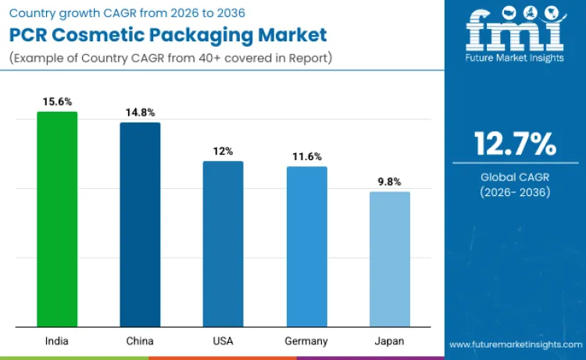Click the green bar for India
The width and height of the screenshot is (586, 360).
[x=57, y=219]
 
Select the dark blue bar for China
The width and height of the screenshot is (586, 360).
[x=140, y=225]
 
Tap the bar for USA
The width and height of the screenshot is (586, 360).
[x=223, y=244]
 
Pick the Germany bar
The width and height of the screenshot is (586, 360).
[x=306, y=247]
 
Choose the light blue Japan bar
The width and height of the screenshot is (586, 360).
[x=389, y=259]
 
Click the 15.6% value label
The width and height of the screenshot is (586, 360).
[x=57, y=102]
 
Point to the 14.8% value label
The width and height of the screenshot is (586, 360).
[x=140, y=112]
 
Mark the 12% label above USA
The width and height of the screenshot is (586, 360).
[x=223, y=151]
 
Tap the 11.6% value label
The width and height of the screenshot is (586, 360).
[x=306, y=157]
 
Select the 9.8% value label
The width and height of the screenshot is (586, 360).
[x=389, y=182]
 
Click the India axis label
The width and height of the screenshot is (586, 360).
[x=57, y=341]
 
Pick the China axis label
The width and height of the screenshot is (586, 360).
[x=140, y=341]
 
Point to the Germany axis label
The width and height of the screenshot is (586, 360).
[x=306, y=341]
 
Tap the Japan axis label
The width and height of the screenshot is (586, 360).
[x=389, y=341]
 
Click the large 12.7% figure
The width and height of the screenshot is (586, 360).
[x=515, y=144]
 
